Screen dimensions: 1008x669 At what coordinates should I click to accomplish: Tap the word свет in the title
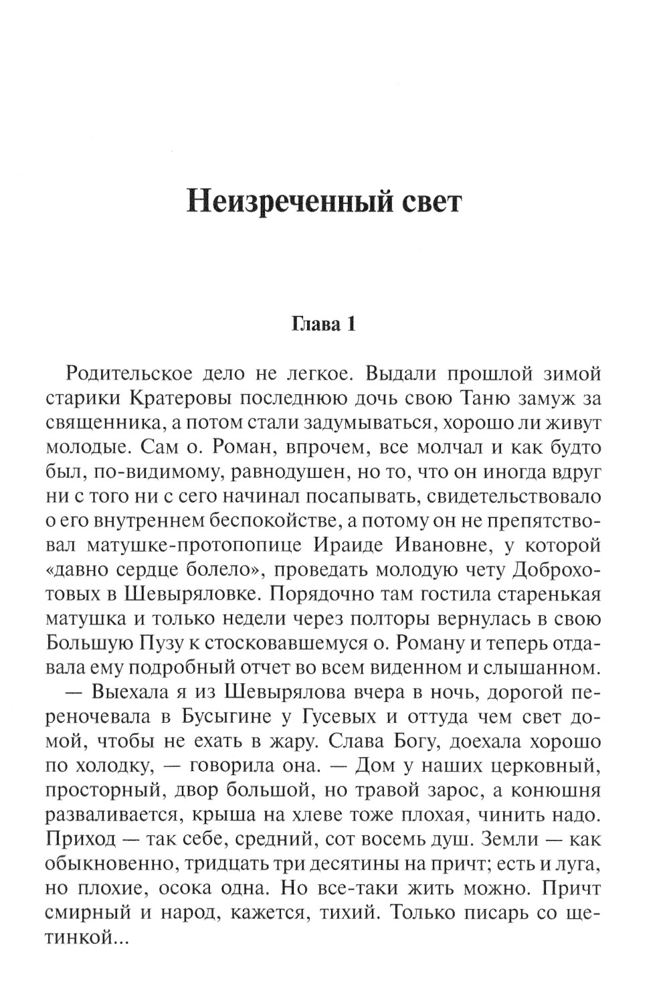coord(424,201)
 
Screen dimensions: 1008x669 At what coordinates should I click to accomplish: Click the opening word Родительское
coord(138,373)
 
